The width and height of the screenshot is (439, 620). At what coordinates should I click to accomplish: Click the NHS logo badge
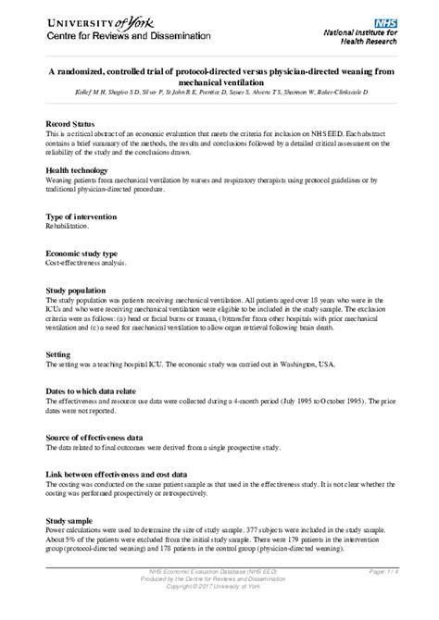point(386,19)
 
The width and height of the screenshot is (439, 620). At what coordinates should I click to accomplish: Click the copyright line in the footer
point(219,587)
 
